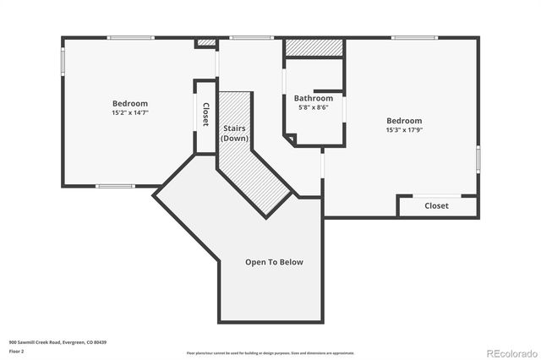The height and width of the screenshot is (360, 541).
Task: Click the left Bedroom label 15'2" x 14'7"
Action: tap(129, 107)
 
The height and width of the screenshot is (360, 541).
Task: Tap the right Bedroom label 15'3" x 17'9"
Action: tap(404, 125)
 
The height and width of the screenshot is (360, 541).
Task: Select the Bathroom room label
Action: tap(314, 98)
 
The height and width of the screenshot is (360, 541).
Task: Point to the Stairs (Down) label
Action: tap(234, 133)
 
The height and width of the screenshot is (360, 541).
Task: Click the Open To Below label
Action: tap(274, 262)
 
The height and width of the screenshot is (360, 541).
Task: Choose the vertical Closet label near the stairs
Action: tap(205, 116)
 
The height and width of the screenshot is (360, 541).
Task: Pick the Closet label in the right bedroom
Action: tap(436, 205)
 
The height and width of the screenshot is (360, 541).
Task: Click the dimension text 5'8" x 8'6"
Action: tap(314, 107)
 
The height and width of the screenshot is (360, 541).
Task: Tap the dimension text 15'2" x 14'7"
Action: tap(129, 112)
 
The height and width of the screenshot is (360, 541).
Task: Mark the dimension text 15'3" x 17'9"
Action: tap(404, 130)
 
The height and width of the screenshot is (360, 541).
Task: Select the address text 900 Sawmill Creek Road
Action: tap(57, 342)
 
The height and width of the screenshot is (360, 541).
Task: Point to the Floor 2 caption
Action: tap(17, 350)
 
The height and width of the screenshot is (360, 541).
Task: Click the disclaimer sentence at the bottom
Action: tap(271, 352)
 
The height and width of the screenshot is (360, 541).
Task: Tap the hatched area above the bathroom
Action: tap(314, 47)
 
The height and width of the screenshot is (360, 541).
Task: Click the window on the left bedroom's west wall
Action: tap(63, 63)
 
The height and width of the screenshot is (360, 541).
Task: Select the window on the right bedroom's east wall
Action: tap(478, 158)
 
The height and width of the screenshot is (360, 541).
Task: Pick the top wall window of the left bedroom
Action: tap(129, 37)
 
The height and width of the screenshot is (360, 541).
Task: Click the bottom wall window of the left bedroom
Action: tap(115, 186)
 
